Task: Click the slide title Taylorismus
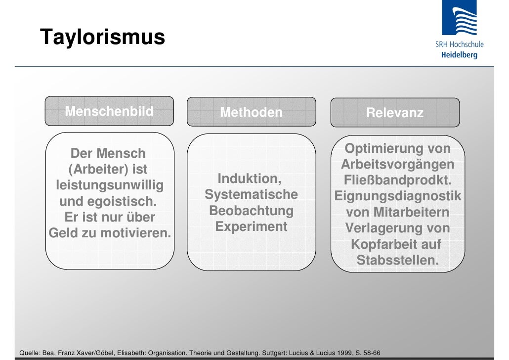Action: click(x=102, y=37)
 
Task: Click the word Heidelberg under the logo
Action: click(x=459, y=55)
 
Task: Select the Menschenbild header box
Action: click(x=109, y=112)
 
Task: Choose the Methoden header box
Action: click(x=251, y=113)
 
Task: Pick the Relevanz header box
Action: click(x=394, y=113)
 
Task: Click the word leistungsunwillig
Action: click(x=109, y=186)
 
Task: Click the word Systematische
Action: click(x=251, y=194)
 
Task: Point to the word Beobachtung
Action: click(x=252, y=211)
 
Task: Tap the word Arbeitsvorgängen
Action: click(x=397, y=165)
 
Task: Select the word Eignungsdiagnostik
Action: click(x=398, y=196)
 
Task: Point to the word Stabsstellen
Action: click(x=397, y=260)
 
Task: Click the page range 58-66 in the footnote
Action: click(x=369, y=353)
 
